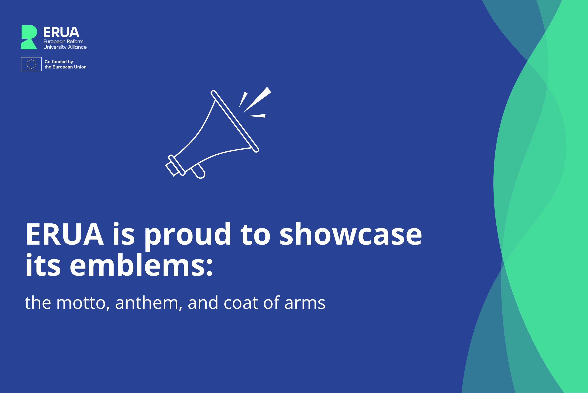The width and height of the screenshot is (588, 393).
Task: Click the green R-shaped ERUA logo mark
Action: click(x=29, y=37)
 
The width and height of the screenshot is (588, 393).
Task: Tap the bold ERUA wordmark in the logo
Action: click(x=61, y=32)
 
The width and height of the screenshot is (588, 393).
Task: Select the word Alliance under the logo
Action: click(x=77, y=47)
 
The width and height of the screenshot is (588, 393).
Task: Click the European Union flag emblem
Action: click(x=31, y=64)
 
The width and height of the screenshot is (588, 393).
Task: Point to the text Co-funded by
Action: click(x=59, y=62)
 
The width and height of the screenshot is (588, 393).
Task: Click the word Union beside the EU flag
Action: click(x=80, y=67)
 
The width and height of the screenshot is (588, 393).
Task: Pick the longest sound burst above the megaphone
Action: click(x=257, y=99)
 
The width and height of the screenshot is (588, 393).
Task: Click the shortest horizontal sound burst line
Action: click(x=257, y=116)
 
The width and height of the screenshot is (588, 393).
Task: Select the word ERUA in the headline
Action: click(x=65, y=234)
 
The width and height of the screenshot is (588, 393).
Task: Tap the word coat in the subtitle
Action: click(x=241, y=303)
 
